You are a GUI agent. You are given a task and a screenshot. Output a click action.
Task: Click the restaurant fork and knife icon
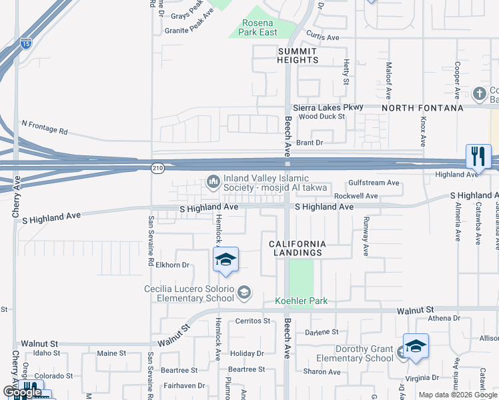[x=478, y=157]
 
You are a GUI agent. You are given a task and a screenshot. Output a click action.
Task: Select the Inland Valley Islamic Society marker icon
[x=213, y=181]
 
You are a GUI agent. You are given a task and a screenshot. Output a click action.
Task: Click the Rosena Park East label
[x=259, y=27]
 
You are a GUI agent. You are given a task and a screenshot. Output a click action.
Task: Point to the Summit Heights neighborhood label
[x=298, y=55]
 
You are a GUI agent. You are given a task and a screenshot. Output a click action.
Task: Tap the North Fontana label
[x=422, y=108]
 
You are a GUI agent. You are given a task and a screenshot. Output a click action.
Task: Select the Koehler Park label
[x=302, y=301]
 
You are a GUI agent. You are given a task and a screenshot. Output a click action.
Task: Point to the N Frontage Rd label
[x=45, y=127]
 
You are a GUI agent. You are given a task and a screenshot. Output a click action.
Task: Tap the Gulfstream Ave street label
[x=374, y=183]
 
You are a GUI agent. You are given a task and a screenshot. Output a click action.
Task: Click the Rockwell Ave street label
[x=356, y=196]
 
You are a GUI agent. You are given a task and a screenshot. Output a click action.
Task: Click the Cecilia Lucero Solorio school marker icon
[x=245, y=291]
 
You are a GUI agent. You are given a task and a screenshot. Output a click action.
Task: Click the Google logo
[x=22, y=392]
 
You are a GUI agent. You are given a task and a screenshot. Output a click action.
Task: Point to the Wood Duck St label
[x=321, y=116]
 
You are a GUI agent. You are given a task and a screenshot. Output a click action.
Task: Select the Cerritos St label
[x=253, y=321]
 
